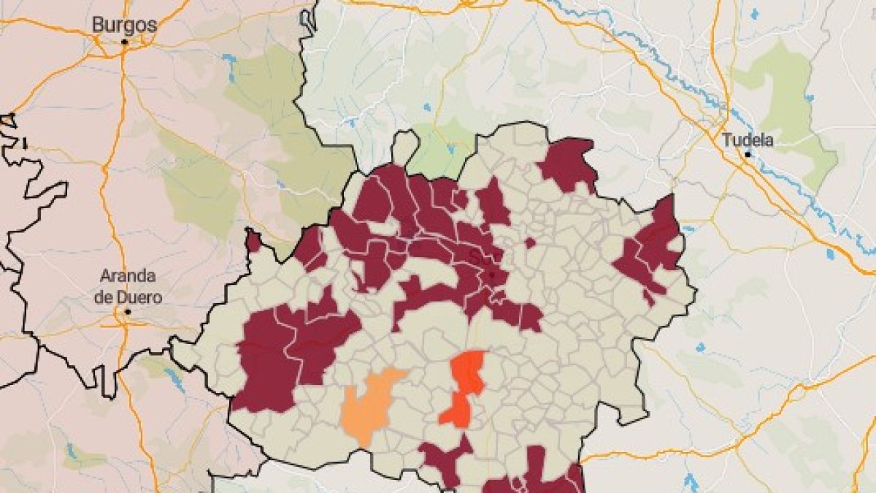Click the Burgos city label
click(x=124, y=25)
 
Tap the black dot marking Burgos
click(x=125, y=42)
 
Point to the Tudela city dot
click(x=748, y=155)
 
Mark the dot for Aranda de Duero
click(x=127, y=312)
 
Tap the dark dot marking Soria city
click(x=492, y=275)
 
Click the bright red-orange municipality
click(x=464, y=387)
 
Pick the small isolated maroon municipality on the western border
click(x=253, y=241)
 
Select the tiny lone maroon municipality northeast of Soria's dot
click(x=530, y=242)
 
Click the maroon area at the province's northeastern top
click(x=568, y=164)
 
